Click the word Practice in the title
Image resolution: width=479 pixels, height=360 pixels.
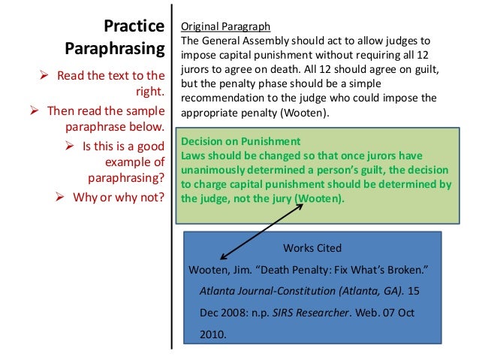pyautogui.click(x=134, y=26)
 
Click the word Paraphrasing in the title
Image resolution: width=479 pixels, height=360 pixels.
pyautogui.click(x=115, y=50)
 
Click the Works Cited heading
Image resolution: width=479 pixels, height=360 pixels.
pyautogui.click(x=312, y=247)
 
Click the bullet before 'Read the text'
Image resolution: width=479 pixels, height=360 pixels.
pyautogui.click(x=46, y=76)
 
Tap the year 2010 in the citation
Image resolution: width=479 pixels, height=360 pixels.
pyautogui.click(x=212, y=331)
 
